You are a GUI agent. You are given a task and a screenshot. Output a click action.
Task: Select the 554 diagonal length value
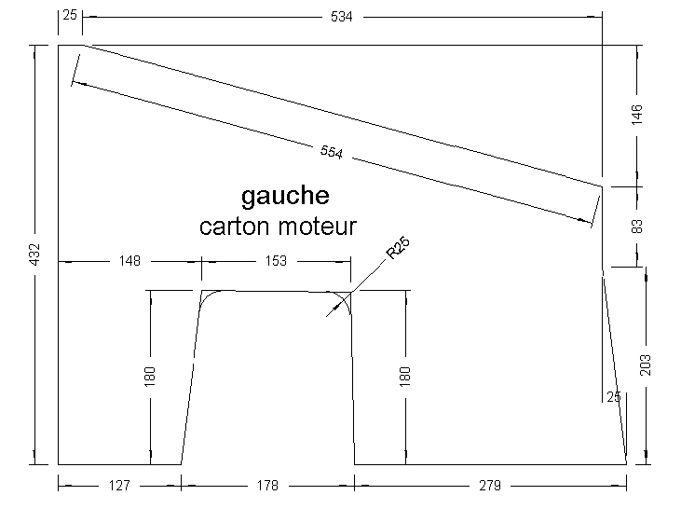click(332, 154)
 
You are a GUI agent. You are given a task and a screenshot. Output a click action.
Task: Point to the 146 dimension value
click(637, 115)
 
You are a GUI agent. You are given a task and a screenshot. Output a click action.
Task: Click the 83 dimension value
click(637, 227)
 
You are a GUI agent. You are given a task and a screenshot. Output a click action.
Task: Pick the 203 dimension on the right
click(646, 364)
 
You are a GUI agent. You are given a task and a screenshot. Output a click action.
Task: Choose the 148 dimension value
click(129, 261)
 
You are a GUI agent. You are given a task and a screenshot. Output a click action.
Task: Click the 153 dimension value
click(277, 261)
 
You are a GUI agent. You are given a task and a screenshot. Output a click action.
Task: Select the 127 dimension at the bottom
click(119, 486)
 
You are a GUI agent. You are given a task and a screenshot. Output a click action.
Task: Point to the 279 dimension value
click(490, 486)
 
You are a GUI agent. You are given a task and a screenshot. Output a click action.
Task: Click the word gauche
click(285, 197)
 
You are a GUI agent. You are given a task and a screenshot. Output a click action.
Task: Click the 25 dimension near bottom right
click(613, 397)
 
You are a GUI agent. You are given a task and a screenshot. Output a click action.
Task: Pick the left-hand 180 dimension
click(151, 376)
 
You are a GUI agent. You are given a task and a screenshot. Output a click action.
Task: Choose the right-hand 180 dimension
click(405, 376)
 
